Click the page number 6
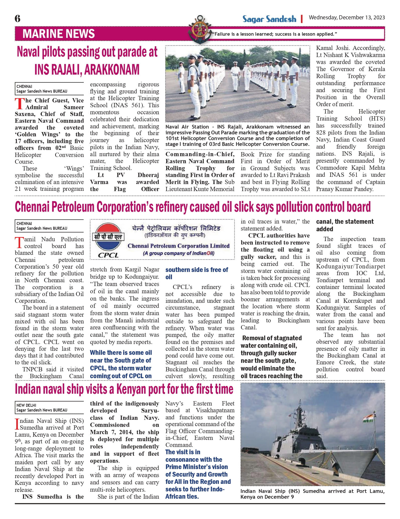click(x=17, y=19)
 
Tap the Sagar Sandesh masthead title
click(x=269, y=19)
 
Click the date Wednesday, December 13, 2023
click(x=347, y=18)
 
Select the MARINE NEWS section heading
click(x=58, y=34)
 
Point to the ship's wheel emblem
click(x=200, y=29)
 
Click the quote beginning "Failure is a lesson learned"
click(x=274, y=34)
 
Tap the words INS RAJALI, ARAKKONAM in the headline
click(x=87, y=70)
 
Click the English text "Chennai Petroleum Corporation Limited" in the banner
click(x=179, y=246)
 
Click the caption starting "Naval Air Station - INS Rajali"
click(x=237, y=135)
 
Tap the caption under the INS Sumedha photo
click(x=312, y=494)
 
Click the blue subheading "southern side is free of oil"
click(x=197, y=273)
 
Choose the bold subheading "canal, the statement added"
click(x=345, y=225)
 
